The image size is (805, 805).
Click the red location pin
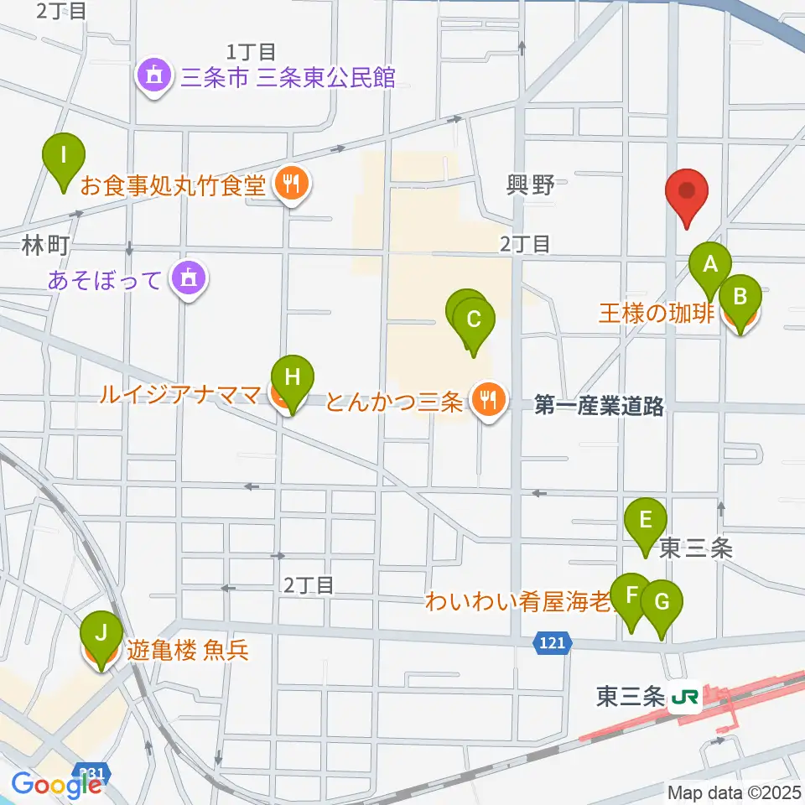tap(687, 191)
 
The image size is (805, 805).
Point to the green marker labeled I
tap(64, 157)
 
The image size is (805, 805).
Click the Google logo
tap(56, 784)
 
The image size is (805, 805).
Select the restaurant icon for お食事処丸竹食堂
tap(292, 184)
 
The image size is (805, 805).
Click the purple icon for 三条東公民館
tap(155, 77)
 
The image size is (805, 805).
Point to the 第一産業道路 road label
tap(599, 408)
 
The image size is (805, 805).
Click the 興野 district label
tap(531, 185)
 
